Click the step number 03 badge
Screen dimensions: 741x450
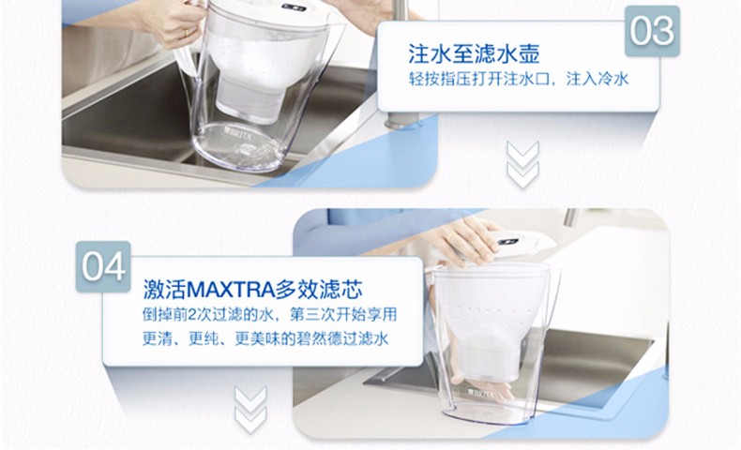pos(653,31)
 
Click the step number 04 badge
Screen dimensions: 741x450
pos(103,266)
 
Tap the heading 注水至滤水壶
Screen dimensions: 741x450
pos(474,53)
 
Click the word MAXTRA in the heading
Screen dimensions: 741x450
pos(231,289)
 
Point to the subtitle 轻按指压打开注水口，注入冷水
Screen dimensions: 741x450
pos(519,79)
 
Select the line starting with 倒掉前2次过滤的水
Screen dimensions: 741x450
pos(269,314)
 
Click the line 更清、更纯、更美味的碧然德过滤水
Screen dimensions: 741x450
pos(265,338)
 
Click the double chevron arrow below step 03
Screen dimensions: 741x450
pos(522,164)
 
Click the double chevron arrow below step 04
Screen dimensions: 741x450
pos(250,410)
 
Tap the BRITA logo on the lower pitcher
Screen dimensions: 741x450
pos(480,392)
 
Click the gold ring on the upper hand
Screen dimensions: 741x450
pos(186,34)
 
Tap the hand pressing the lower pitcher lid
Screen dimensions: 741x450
pos(465,241)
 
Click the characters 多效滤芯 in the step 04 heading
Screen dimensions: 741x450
pos(320,289)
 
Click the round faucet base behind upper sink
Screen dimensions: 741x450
pos(403,120)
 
